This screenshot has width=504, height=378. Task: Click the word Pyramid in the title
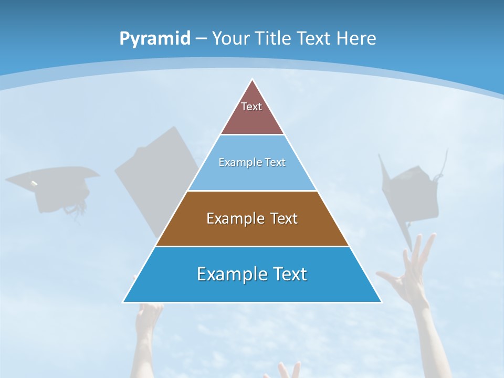[155, 39]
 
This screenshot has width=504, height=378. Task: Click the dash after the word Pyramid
[201, 39]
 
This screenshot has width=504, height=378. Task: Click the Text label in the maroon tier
[251, 107]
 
